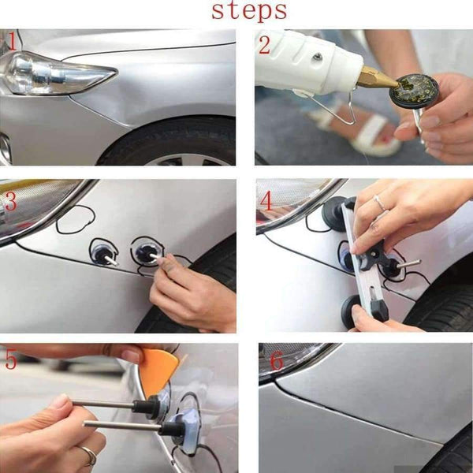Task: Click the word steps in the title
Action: [x=248, y=12]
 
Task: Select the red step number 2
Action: [x=264, y=44]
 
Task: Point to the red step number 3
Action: [x=9, y=202]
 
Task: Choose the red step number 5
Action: [x=9, y=359]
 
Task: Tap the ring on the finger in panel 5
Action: [x=88, y=455]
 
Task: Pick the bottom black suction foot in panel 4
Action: [x=355, y=311]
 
